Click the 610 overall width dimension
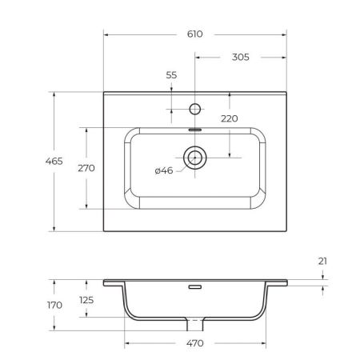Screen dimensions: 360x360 tap(195, 34)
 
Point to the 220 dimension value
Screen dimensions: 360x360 tap(230, 118)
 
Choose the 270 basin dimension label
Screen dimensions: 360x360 tap(86, 168)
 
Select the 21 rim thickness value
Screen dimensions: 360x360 tap(322, 261)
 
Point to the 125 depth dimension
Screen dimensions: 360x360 tap(86, 300)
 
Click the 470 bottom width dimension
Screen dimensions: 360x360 tap(195, 343)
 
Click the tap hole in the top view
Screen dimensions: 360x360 tap(194, 107)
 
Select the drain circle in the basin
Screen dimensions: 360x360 tap(194, 158)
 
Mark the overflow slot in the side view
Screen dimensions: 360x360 tap(194, 286)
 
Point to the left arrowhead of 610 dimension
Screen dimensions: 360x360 tap(106, 34)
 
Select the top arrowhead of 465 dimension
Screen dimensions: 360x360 tap(54, 94)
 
